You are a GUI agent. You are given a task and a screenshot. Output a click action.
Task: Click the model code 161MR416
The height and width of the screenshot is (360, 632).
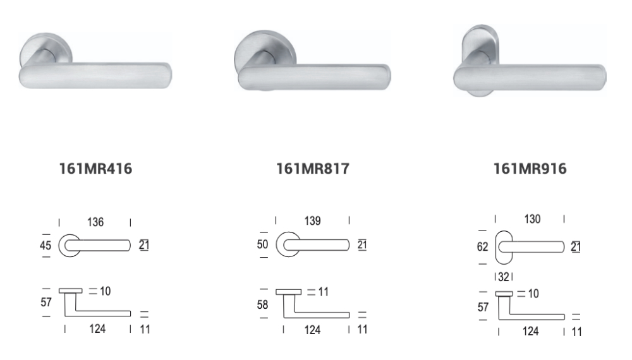click(95, 169)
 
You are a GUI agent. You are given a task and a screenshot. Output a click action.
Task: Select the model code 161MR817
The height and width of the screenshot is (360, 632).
click(313, 169)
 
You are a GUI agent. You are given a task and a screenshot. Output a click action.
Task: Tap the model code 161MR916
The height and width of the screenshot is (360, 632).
click(530, 169)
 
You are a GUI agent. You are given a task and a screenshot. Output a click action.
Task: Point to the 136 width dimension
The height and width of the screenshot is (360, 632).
click(95, 222)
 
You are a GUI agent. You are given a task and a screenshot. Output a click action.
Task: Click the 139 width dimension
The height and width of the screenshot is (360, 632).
click(313, 220)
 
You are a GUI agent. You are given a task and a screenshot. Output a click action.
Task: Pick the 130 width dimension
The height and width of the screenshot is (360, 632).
click(532, 219)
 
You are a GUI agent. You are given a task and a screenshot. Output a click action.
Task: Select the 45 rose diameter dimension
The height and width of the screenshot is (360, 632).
click(46, 245)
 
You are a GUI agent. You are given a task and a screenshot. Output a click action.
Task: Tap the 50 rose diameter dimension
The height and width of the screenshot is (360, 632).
click(262, 244)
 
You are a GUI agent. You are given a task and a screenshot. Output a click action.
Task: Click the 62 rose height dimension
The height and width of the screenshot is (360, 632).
click(482, 246)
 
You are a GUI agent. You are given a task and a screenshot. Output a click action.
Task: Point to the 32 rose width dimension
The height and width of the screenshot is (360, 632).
click(504, 277)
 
